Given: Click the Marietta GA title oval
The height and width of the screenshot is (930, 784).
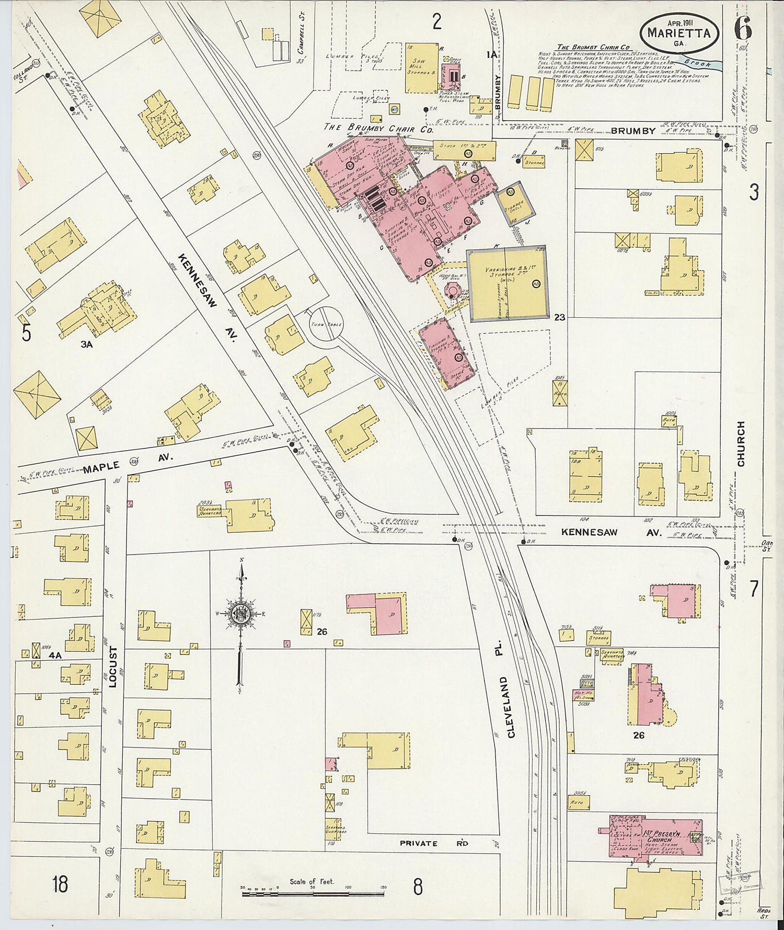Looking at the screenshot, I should tap(678, 32).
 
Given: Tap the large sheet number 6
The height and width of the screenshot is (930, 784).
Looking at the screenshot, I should tap(743, 28).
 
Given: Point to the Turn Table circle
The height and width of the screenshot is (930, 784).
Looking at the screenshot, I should tap(326, 324).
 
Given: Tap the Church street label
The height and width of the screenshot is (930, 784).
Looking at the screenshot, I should tap(741, 444).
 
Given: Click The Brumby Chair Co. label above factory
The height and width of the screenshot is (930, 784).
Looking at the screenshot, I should tap(378, 129).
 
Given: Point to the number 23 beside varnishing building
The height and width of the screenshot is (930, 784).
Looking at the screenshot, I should tap(560, 317).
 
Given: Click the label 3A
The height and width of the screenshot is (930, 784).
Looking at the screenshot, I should tap(86, 344).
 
